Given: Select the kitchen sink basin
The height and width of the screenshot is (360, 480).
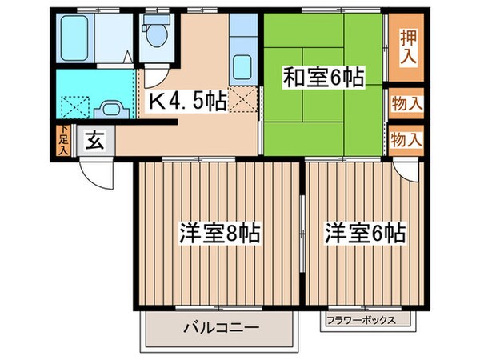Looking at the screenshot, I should click(x=242, y=66).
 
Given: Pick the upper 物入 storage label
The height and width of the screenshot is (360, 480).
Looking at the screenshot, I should click(x=406, y=103).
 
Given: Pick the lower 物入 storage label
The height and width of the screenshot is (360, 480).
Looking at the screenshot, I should click(x=406, y=140).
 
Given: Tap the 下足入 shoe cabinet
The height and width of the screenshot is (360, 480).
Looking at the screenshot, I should click(x=63, y=142).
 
